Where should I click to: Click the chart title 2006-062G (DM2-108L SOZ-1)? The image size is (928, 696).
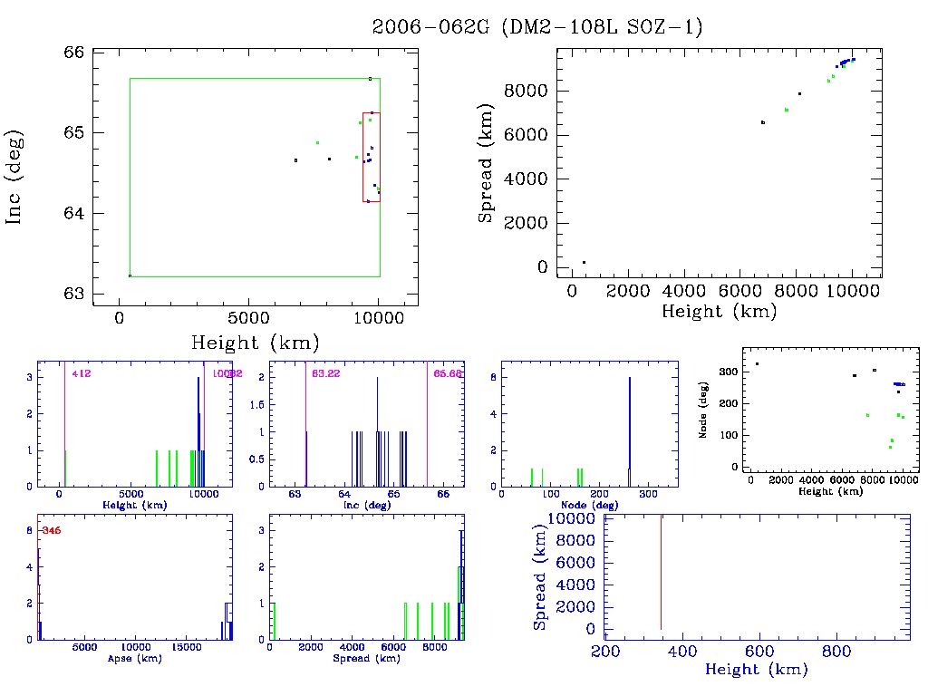pyautogui.click(x=537, y=27)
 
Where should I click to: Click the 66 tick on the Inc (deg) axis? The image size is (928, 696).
pyautogui.click(x=74, y=53)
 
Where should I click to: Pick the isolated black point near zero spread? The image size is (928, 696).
pyautogui.click(x=584, y=263)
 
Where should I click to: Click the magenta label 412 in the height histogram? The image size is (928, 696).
pyautogui.click(x=82, y=373)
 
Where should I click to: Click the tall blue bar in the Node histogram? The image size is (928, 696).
pyautogui.click(x=629, y=426)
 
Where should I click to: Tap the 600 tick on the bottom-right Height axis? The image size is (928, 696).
pyautogui.click(x=759, y=651)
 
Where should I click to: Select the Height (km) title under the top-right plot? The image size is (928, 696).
pyautogui.click(x=719, y=311)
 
